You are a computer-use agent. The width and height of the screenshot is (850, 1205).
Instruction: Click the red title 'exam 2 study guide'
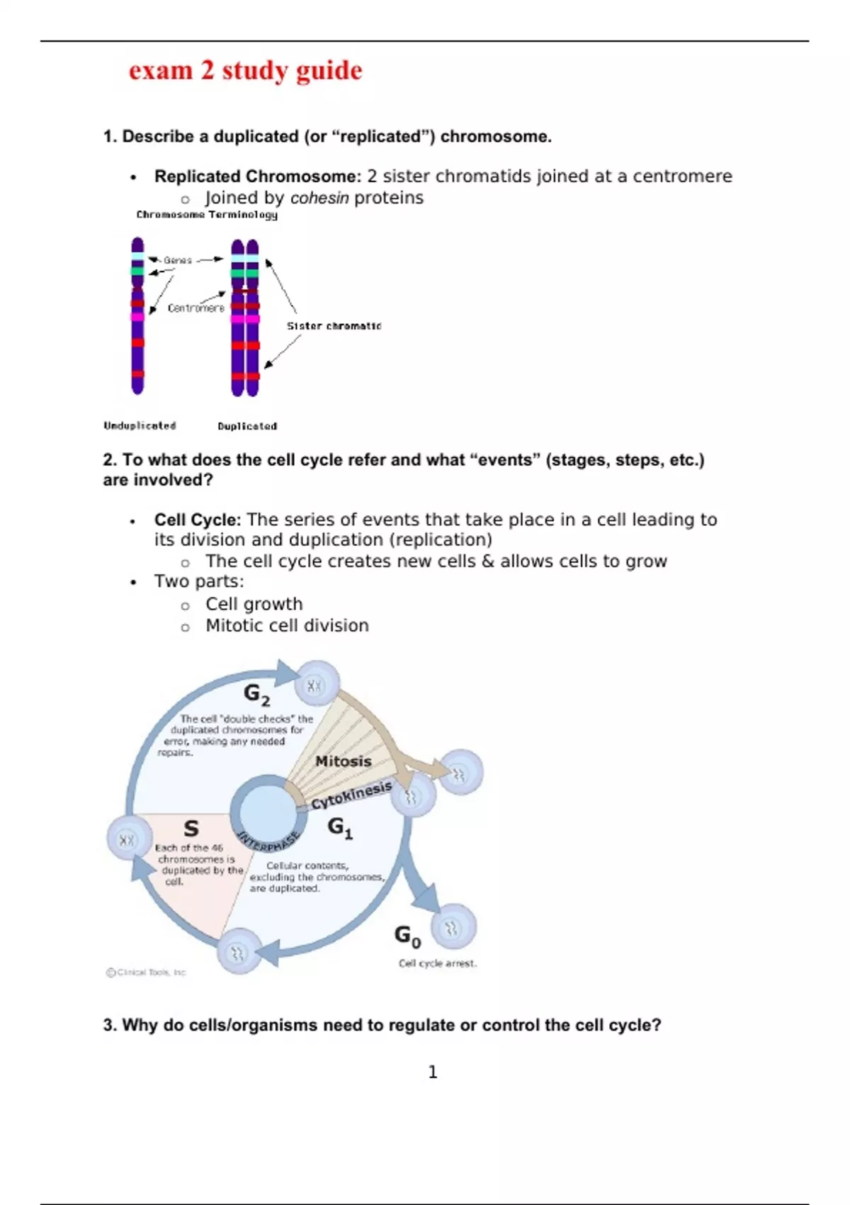click(245, 71)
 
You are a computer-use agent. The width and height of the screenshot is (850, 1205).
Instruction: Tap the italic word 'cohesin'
click(319, 198)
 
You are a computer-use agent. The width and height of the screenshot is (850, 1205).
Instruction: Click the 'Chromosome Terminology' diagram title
click(207, 215)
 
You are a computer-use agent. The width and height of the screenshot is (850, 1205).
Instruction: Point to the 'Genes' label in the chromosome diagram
click(178, 260)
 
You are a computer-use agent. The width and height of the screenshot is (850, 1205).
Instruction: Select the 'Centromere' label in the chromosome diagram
click(195, 308)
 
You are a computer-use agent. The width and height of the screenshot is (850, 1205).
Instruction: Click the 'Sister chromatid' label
click(334, 326)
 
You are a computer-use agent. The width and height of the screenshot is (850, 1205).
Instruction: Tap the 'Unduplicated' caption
click(140, 425)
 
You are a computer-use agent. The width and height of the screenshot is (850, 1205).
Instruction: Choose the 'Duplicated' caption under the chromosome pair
click(247, 426)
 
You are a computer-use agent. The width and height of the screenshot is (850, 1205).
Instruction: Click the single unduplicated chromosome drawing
click(137, 316)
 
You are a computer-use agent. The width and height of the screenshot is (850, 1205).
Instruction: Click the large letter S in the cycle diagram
click(191, 828)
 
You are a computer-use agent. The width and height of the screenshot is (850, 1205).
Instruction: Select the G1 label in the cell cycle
click(340, 827)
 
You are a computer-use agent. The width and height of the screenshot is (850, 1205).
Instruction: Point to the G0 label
click(407, 936)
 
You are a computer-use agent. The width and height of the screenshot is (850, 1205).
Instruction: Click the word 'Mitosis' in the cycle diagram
click(344, 761)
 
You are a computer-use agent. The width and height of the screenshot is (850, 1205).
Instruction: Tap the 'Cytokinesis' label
click(351, 795)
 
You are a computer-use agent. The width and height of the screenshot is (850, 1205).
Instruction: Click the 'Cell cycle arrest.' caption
click(438, 963)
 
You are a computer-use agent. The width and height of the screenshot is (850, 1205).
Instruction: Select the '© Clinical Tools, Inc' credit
click(146, 973)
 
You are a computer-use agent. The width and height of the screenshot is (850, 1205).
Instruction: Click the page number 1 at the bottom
click(433, 1072)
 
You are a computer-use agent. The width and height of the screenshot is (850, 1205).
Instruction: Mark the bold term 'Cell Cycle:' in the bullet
click(198, 520)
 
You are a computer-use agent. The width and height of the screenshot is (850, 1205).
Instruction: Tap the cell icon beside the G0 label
click(453, 926)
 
